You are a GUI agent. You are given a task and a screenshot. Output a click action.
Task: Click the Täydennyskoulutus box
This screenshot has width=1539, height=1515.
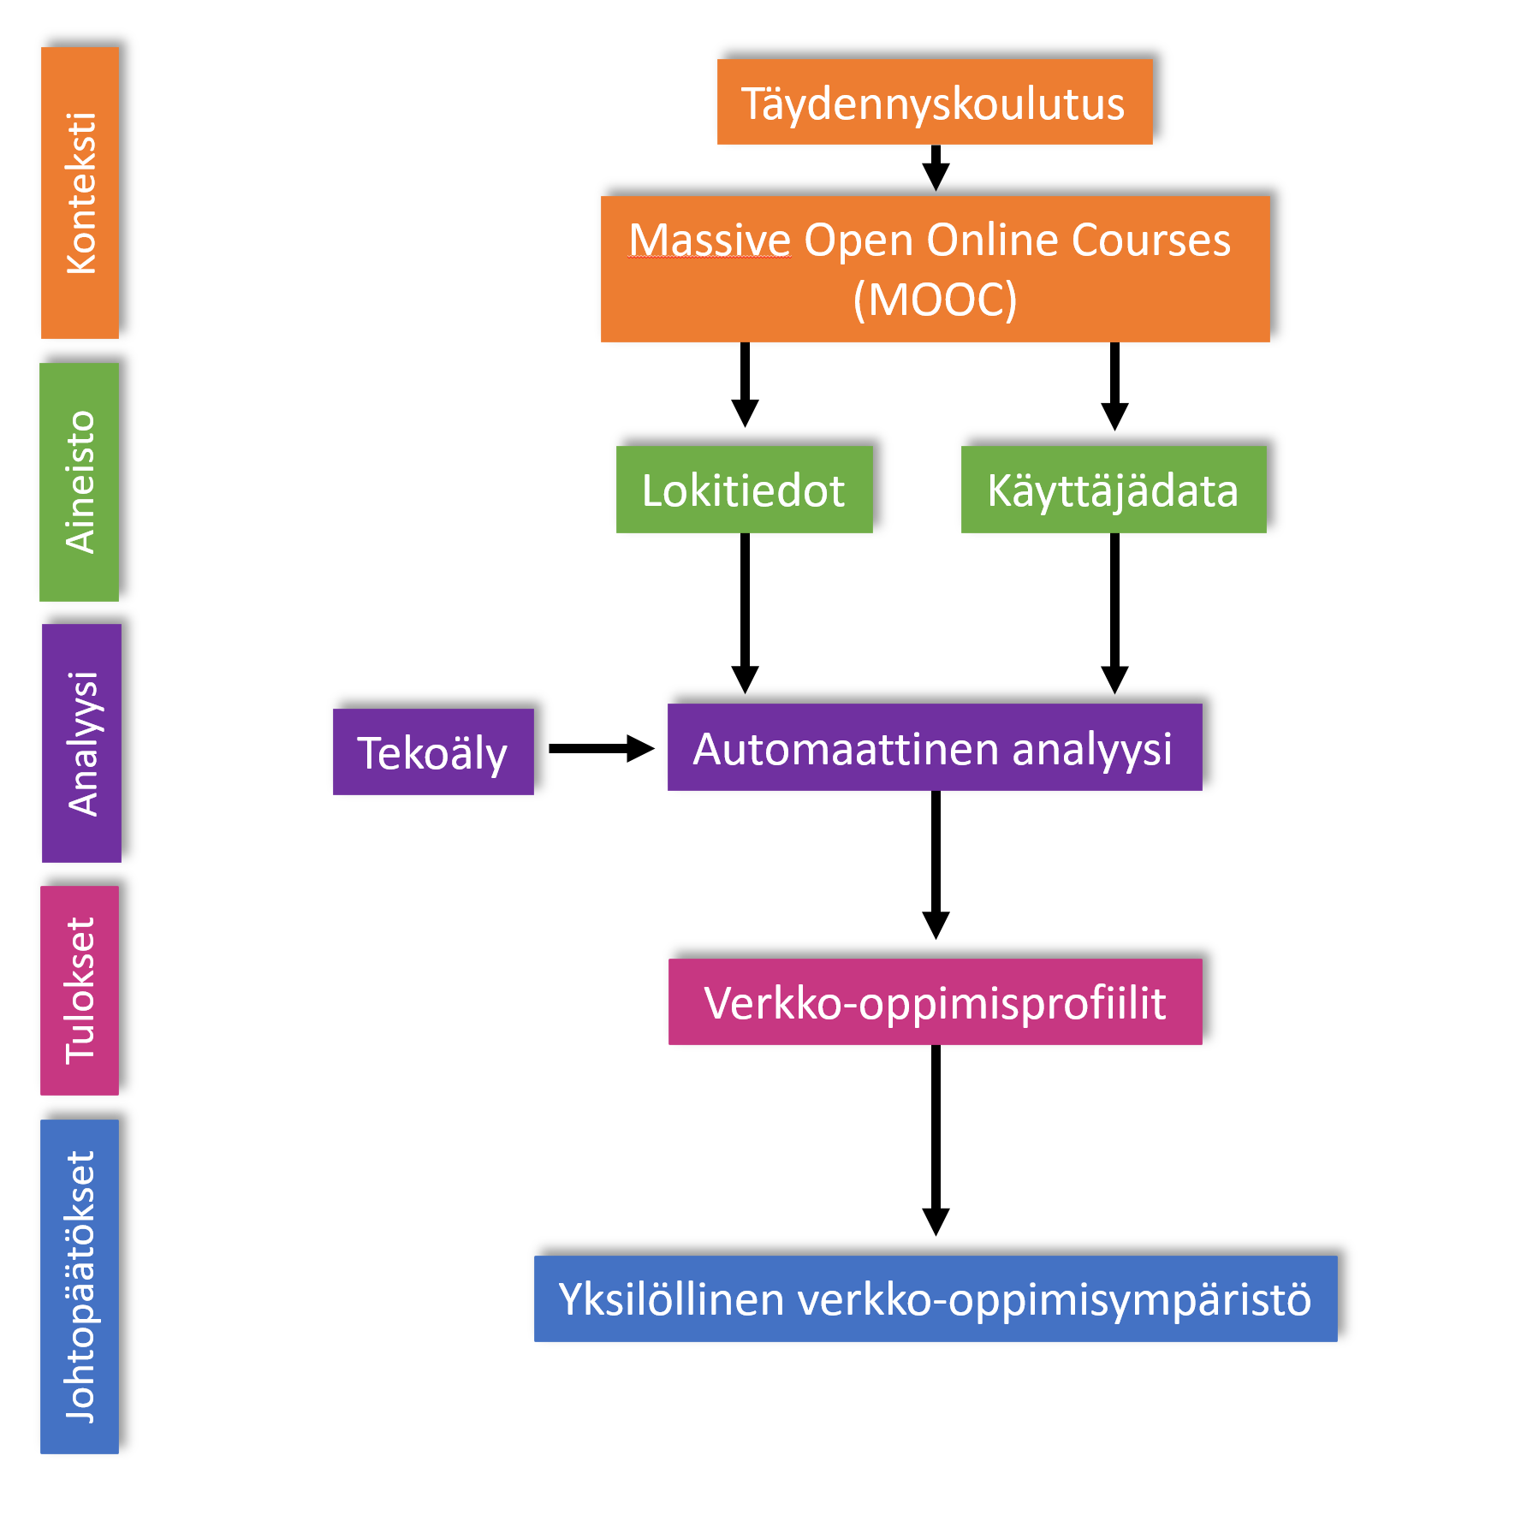pos(934,102)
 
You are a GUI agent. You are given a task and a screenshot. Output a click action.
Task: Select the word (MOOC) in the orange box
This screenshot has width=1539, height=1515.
pos(935,300)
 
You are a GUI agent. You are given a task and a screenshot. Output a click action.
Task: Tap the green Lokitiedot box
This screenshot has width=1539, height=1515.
pos(744,490)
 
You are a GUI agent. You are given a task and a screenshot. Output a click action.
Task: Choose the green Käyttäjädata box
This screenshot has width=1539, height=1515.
pos(1113,490)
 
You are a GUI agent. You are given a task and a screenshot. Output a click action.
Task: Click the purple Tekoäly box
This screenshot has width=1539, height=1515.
pos(433,752)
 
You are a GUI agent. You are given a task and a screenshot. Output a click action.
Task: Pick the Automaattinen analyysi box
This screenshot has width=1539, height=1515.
pos(934,747)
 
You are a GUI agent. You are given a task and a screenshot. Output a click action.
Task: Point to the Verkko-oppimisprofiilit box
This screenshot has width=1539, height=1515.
pos(935,1001)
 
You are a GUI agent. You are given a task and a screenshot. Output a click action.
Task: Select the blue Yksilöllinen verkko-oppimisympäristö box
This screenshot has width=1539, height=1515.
pos(935,1298)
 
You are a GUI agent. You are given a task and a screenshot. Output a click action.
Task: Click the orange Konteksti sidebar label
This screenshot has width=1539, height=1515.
pos(80,193)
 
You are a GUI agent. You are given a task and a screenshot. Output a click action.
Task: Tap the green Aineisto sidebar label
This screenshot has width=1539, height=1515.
pos(80,482)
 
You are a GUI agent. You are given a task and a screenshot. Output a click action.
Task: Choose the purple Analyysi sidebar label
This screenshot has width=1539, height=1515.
pos(82,743)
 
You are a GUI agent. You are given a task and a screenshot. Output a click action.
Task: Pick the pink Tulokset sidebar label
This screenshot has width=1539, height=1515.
pos(80,990)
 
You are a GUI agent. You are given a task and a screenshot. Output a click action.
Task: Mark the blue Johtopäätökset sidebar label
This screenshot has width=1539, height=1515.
pos(80,1286)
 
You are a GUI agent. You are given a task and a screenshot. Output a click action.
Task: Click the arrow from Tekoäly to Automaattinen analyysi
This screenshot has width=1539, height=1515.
pos(600,748)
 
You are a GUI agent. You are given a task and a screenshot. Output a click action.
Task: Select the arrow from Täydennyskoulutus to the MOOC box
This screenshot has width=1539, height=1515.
pos(936,168)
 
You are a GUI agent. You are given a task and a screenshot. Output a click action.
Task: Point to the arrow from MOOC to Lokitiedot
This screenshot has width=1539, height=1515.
pos(746,384)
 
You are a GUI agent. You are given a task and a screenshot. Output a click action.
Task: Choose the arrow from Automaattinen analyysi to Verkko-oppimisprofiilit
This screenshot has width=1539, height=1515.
pos(936,864)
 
